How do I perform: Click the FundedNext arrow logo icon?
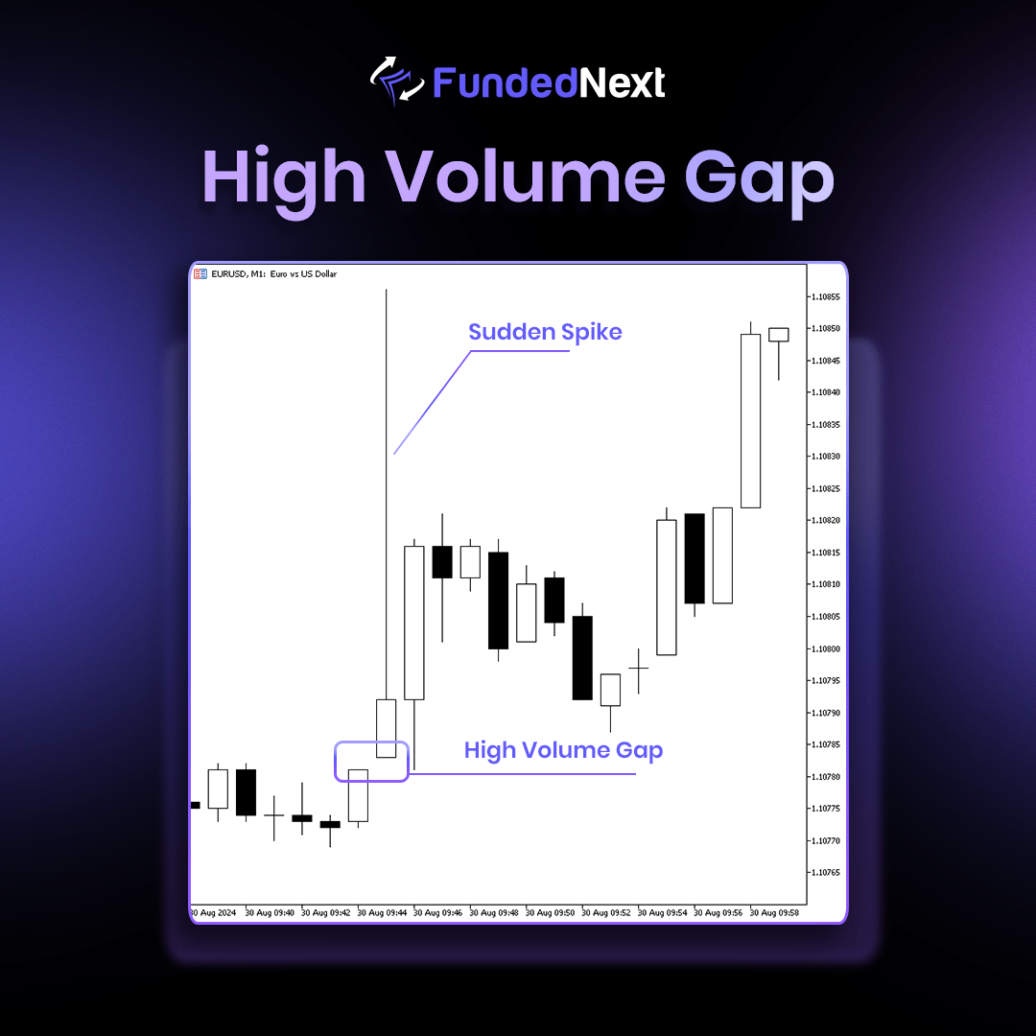[x=397, y=82]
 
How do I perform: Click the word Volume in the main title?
[x=525, y=177]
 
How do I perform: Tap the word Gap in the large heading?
[x=759, y=181]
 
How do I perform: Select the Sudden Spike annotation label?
[x=545, y=332]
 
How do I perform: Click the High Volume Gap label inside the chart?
[x=563, y=750]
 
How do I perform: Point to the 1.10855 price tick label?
[x=826, y=296]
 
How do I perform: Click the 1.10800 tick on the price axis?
[x=826, y=648]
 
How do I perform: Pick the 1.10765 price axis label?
[x=826, y=872]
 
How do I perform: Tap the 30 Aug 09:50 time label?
[x=550, y=912]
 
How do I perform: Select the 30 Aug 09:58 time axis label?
[x=774, y=912]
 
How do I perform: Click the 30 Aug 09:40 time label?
[x=270, y=912]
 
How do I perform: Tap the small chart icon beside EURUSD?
[x=200, y=273]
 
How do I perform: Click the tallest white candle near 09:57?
[x=750, y=421]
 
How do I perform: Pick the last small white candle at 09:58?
[x=778, y=335]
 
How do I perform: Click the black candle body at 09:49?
[x=498, y=600]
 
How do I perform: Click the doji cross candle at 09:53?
[x=638, y=669]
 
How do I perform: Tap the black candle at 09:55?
[x=695, y=558]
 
